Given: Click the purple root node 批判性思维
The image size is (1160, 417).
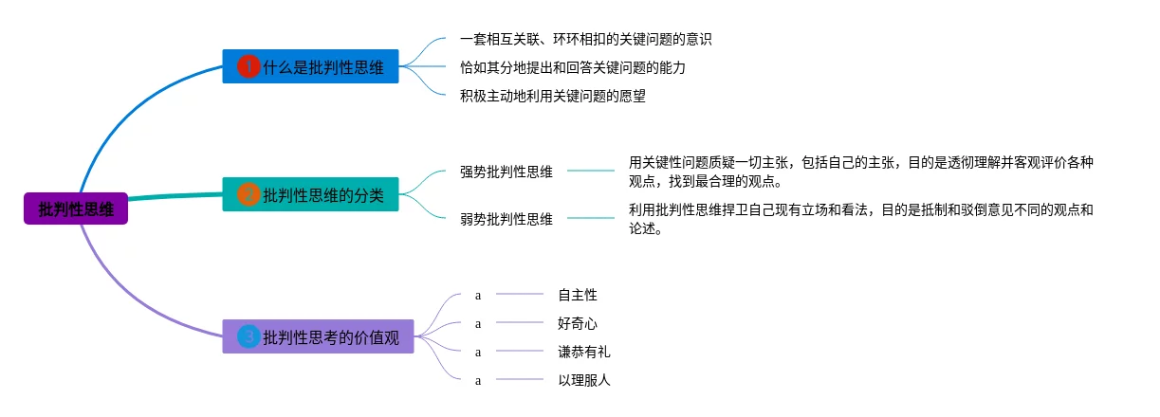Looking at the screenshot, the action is pos(76,208).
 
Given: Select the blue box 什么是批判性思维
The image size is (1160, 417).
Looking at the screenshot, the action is pos(310,66).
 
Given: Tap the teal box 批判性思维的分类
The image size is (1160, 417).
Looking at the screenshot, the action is pos(310,194).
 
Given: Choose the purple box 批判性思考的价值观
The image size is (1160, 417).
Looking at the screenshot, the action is pos(318,336).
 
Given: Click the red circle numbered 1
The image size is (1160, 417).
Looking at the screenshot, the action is pos(249,66).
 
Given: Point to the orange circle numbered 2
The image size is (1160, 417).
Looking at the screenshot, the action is pos(249,194).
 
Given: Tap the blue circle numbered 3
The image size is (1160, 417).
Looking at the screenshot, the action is pos(249,336).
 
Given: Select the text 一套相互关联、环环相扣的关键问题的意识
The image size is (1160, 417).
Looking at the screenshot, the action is pos(586,39).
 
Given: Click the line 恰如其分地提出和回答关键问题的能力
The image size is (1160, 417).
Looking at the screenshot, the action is pos(573,67).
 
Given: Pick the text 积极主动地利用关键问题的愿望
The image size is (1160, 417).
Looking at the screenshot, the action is pos(553,96).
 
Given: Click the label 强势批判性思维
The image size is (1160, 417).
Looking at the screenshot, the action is pos(506,172).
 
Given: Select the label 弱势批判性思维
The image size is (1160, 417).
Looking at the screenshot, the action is pos(506,219).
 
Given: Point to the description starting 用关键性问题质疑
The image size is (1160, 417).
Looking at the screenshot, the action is pos(860,172).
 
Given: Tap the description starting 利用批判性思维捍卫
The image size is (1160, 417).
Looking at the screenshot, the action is pos(860,219).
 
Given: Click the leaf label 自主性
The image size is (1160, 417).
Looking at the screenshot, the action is pos(578,295).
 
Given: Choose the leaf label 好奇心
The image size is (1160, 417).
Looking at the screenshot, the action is pos(578,323).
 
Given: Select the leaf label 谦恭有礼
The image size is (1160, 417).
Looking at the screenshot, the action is pos(584,352).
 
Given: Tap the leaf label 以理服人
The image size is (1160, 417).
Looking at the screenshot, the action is pos(584,380).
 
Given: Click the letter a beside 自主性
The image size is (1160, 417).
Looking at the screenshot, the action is pos(478,296).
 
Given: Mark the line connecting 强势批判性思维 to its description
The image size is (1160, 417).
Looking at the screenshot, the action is pos(591,171).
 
